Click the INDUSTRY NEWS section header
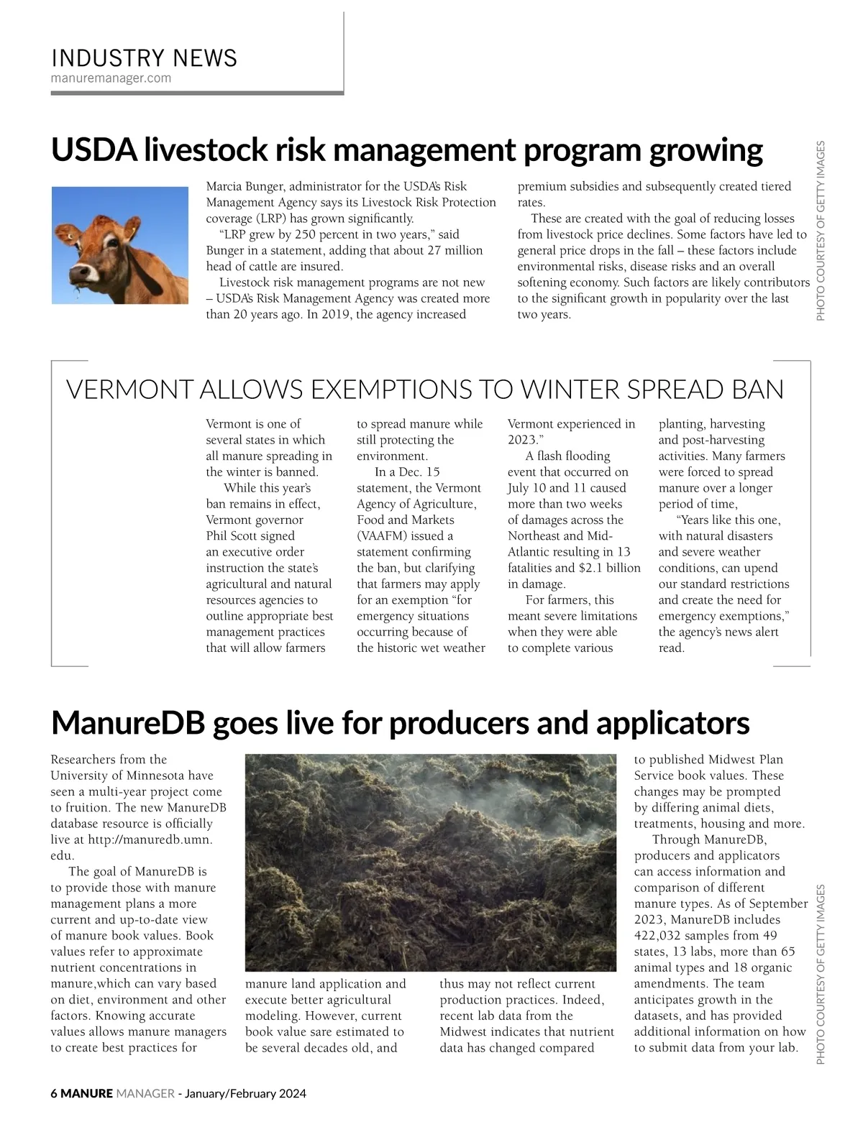click(x=144, y=58)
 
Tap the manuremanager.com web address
click(x=111, y=78)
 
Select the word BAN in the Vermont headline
click(x=757, y=390)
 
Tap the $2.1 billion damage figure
click(x=609, y=568)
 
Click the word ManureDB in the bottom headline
click(x=127, y=723)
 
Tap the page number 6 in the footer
click(x=54, y=1094)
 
